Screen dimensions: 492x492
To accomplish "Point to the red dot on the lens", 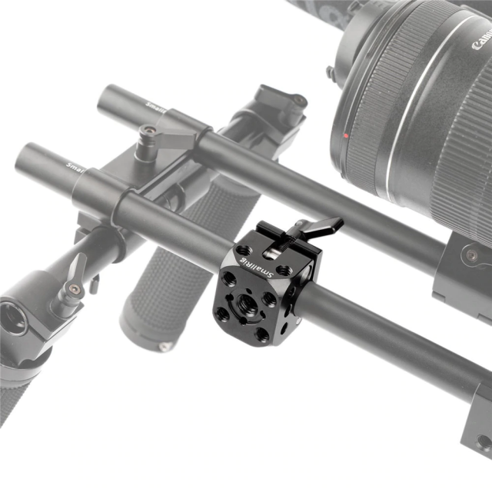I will pos(347,136).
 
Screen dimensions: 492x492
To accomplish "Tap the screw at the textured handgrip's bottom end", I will pos(165,347).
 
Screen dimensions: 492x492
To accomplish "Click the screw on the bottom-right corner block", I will pos(482,442).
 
